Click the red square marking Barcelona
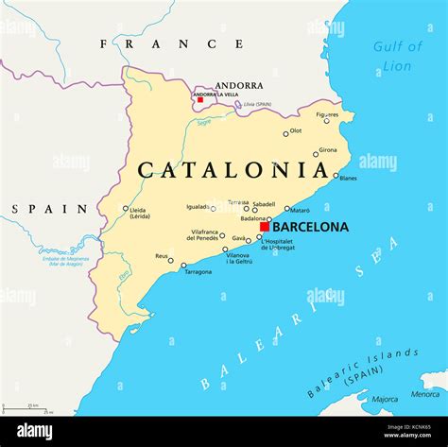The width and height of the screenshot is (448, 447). coord(265,226)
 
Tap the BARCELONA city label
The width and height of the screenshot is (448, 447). coord(310,227)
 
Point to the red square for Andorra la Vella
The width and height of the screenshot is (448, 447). coord(199,99)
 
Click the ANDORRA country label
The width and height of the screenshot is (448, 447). coord(238,85)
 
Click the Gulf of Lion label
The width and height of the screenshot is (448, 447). coord(397,56)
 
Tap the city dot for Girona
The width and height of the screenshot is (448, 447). coord(316,154)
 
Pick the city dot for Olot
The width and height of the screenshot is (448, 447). coord(285,133)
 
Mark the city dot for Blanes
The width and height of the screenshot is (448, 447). coord(336,175)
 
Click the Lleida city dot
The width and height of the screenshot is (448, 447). coord(126,209)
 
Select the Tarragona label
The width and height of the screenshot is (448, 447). coord(198,272)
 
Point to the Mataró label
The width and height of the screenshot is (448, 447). coord(301,210)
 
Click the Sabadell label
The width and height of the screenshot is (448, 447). coord(264,203)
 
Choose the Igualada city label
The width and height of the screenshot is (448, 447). coord(198,206)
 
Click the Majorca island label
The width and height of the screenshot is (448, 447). coord(385,399)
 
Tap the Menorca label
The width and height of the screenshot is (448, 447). coord(424,394)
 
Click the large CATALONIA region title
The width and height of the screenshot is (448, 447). coord(233,170)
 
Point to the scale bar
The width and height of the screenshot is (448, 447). coord(27,408)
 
